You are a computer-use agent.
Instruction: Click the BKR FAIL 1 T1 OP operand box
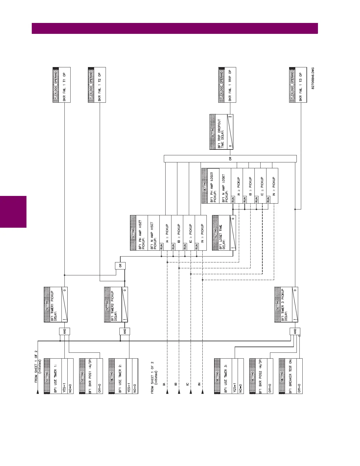tap(62, 85)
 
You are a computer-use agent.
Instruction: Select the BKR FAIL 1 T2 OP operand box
tap(97, 85)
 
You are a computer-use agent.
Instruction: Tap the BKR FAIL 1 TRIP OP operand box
tap(227, 85)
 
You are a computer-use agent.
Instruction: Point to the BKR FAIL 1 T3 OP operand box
tap(298, 85)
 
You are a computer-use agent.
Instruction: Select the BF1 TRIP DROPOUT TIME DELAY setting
tap(221, 132)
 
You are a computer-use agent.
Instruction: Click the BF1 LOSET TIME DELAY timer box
tap(224, 233)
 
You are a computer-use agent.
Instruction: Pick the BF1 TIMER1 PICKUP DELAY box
tap(56, 304)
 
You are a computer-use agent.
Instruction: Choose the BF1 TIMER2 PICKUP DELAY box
tap(116, 304)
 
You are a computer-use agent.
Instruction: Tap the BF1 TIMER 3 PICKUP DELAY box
tap(286, 304)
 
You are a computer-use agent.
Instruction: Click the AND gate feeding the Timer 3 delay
tap(295, 331)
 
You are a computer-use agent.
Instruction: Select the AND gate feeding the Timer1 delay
tap(64, 331)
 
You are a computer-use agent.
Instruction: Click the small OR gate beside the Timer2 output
tap(120, 266)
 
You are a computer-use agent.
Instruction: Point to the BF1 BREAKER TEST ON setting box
tap(291, 376)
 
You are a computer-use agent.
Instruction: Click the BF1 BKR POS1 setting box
tap(91, 376)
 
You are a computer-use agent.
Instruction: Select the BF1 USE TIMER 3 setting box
tap(229, 376)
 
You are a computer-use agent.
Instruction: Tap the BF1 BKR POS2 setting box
tap(261, 376)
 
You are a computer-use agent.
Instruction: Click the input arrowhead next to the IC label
tap(191, 392)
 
